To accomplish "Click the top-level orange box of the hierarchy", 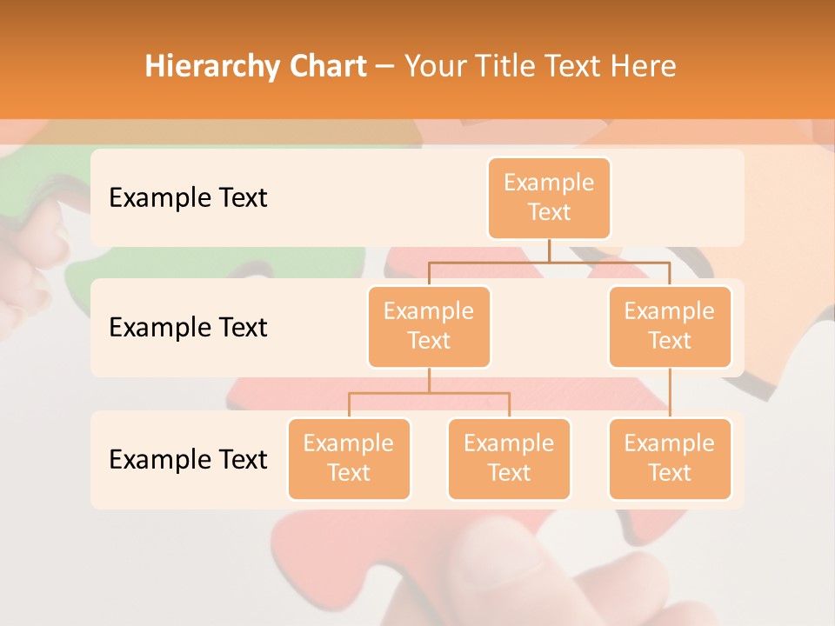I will point(549,197).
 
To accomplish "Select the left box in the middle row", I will point(429,326).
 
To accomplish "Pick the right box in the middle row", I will point(670,326).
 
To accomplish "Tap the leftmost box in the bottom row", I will point(349,458).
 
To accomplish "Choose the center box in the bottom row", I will point(509,458).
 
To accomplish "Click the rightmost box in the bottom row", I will point(670,458).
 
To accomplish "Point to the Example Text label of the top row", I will point(188,197).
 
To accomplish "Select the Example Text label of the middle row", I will point(188,327).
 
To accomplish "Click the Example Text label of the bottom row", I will point(188,459).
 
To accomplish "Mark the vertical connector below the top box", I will point(549,250).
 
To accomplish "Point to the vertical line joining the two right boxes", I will point(670,393).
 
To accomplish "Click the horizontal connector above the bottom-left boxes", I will point(429,393).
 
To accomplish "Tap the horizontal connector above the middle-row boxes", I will point(549,261).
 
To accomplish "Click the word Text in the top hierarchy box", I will point(549,212).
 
